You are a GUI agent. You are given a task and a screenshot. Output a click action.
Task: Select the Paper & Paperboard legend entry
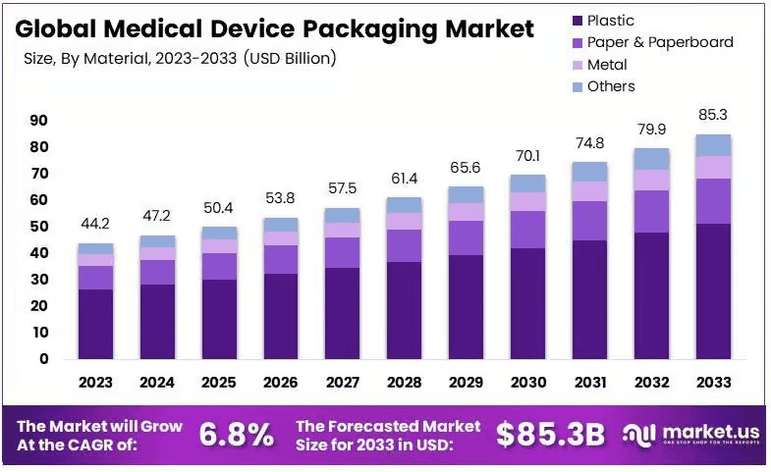(x=659, y=42)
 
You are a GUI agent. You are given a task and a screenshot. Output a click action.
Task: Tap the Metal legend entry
(x=606, y=65)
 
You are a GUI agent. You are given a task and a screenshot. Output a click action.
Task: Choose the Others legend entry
(x=610, y=86)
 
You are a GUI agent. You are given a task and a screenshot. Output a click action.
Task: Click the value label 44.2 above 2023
(x=96, y=224)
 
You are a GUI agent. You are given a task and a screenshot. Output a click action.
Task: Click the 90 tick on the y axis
(x=38, y=121)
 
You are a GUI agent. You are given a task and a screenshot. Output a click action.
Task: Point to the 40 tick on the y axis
(x=38, y=253)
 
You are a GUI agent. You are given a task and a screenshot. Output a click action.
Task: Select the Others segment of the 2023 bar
(x=96, y=248)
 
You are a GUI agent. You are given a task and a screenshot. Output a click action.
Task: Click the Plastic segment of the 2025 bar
(x=218, y=319)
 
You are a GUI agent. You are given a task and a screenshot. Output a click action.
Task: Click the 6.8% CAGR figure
(x=237, y=435)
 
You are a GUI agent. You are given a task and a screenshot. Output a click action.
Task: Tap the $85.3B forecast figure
(x=550, y=435)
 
